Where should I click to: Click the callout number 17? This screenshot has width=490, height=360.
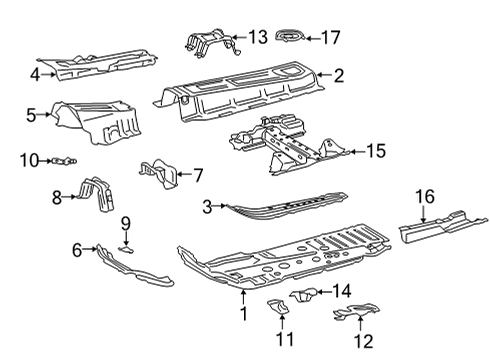[330, 37]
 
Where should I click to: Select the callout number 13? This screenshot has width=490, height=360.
[258, 37]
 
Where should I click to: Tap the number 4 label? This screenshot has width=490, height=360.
[35, 75]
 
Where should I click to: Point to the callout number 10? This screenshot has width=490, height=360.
[29, 161]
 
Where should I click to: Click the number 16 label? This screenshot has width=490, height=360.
[425, 197]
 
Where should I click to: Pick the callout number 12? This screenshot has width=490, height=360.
[363, 341]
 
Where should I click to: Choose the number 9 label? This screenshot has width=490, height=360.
[126, 223]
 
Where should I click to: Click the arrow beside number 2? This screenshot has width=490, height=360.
[323, 75]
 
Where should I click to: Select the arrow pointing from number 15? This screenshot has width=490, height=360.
[357, 152]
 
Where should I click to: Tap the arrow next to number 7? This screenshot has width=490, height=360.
[184, 174]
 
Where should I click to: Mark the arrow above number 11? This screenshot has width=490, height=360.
[282, 322]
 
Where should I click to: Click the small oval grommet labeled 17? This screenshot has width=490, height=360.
[290, 35]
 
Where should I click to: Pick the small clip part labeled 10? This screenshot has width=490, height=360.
[64, 161]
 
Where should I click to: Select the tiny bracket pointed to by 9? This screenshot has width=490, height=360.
[126, 249]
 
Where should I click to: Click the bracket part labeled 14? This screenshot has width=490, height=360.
[303, 294]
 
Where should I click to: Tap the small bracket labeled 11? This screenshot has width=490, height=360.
[278, 307]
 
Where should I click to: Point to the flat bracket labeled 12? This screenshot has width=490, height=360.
[357, 312]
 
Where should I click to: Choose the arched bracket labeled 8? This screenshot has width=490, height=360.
[97, 194]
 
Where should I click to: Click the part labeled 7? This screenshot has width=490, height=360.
[159, 173]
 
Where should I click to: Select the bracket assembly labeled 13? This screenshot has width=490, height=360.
[213, 43]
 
